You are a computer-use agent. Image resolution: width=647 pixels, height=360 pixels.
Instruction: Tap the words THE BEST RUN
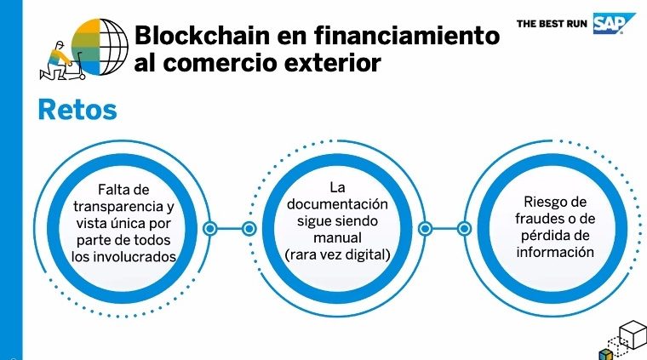tap(552, 24)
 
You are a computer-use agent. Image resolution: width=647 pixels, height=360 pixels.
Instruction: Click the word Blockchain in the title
tap(203, 35)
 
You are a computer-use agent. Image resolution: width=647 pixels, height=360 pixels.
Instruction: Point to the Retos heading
tap(77, 110)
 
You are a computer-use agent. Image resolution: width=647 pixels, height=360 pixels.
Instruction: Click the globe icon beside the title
tap(100, 47)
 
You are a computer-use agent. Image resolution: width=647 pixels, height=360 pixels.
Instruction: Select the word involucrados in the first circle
tap(133, 256)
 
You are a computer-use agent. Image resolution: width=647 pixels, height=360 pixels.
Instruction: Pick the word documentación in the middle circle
tap(337, 204)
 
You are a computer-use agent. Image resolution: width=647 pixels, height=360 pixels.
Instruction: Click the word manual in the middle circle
tap(337, 237)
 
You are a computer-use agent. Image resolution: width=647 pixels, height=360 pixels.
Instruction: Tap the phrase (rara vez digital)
tap(337, 254)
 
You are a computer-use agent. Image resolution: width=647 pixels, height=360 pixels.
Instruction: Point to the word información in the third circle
tap(555, 252)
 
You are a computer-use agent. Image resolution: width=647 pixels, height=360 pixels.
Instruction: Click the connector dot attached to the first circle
tap(210, 228)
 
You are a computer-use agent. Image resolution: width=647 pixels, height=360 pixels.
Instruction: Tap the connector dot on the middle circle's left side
tap(249, 228)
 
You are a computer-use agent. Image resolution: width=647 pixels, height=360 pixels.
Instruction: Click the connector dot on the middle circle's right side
tap(425, 228)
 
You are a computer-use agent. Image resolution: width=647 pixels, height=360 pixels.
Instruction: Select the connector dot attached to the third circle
tap(464, 228)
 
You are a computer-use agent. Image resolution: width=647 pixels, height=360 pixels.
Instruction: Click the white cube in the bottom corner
tap(633, 334)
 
